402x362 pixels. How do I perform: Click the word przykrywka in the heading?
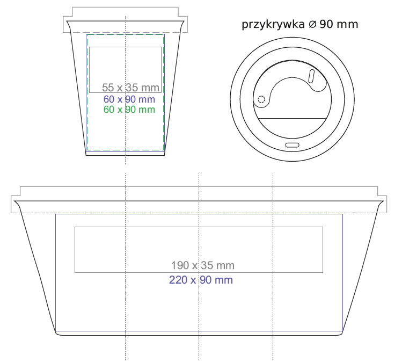tap(273, 25)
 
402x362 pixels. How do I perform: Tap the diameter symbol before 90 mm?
tap(312, 24)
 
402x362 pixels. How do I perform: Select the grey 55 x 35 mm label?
tap(130, 88)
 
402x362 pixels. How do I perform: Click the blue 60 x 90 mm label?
tap(129, 99)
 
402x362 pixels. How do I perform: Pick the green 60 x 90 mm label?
tap(129, 110)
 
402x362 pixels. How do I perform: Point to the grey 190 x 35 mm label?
tap(202, 265)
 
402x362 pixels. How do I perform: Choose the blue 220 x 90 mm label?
tap(201, 280)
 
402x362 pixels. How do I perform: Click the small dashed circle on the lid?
tap(261, 99)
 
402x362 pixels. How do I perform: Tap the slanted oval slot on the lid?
tap(311, 76)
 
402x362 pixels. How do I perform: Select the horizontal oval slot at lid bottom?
tap(293, 145)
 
